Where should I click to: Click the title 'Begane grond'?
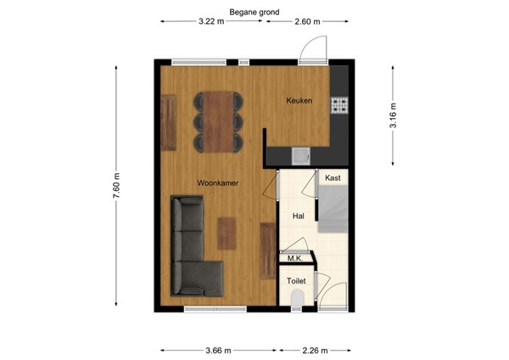254,12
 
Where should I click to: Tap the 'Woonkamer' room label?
217,183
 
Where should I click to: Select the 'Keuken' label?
299,101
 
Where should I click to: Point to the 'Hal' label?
298,217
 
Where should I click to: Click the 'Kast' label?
333,178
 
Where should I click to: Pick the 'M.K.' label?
294,258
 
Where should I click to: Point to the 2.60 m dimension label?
307,20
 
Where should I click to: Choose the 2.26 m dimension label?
315,349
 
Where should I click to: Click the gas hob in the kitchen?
339,105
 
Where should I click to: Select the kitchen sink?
300,155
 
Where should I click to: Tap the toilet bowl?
297,298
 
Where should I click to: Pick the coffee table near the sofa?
227,233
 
